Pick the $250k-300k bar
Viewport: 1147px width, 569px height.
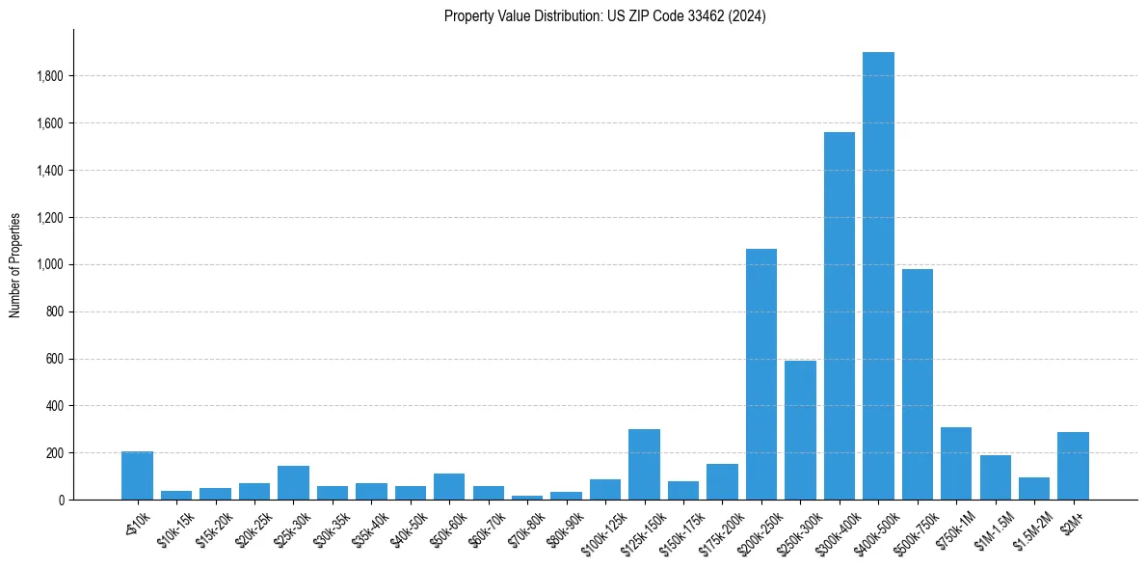[x=800, y=430]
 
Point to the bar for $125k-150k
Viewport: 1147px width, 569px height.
[x=644, y=464]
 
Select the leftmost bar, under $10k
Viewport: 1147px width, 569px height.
[x=137, y=475]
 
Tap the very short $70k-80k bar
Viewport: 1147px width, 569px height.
[x=527, y=498]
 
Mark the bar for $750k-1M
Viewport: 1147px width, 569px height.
[x=956, y=463]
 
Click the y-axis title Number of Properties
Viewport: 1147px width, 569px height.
[x=15, y=265]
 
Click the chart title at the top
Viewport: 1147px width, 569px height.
[x=604, y=16]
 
